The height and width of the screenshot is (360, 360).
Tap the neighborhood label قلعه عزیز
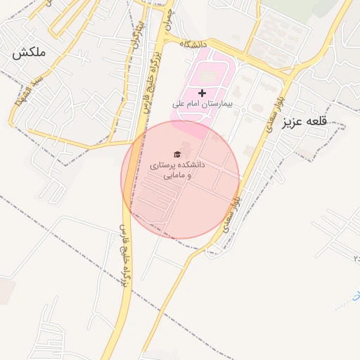click(305, 121)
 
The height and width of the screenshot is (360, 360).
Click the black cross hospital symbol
click(202, 93)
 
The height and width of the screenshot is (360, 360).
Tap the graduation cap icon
click(177, 154)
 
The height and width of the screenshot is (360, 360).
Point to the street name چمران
click(166, 26)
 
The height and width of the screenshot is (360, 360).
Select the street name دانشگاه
click(195, 44)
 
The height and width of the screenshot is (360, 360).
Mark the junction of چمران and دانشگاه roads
click(167, 39)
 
